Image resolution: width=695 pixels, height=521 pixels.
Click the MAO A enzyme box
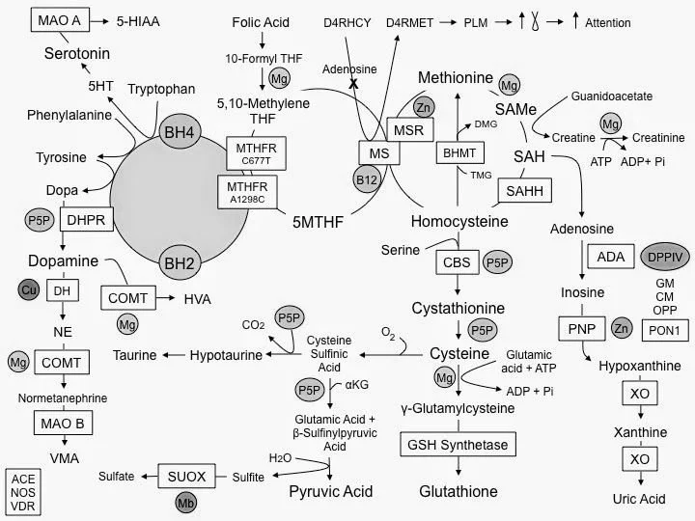[x=60, y=20]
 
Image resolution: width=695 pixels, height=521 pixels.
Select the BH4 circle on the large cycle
[x=180, y=132]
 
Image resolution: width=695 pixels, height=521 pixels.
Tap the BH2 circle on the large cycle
[x=180, y=263]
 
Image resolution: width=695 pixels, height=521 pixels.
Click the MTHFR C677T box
[x=256, y=153]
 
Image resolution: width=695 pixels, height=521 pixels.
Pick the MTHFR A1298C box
[x=247, y=192]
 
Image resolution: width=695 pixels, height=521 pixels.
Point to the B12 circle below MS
[x=367, y=179]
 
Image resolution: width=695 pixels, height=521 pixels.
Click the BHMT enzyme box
[x=459, y=152]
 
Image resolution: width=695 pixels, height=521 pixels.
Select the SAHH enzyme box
[x=525, y=190]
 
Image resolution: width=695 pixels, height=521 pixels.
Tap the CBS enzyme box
[x=457, y=262]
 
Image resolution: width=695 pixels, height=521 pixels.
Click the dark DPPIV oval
[x=665, y=257]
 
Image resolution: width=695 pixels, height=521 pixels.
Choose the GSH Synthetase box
[x=458, y=445]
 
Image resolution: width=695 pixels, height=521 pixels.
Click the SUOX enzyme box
[x=186, y=477]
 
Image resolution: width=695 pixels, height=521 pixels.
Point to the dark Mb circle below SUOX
[x=185, y=503]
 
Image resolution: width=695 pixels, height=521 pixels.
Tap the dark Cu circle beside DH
[x=29, y=290]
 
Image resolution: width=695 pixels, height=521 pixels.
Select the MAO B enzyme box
[x=63, y=424]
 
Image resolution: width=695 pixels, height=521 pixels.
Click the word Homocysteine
[x=459, y=221]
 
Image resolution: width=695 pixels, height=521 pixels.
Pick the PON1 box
[x=665, y=331]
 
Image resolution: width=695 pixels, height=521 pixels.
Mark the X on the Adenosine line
[x=353, y=83]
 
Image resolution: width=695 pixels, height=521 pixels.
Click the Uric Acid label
[x=639, y=499]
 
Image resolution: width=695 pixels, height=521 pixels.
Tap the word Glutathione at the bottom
[x=459, y=491]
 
